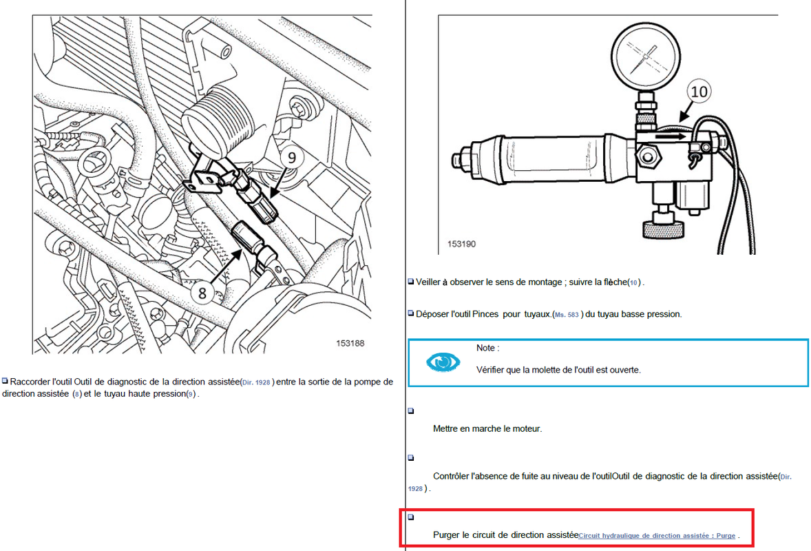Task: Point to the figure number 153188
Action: click(350, 342)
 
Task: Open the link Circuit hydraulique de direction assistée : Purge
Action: click(657, 535)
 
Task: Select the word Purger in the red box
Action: click(447, 534)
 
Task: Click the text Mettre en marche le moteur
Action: click(487, 428)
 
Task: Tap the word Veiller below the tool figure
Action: click(432, 282)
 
